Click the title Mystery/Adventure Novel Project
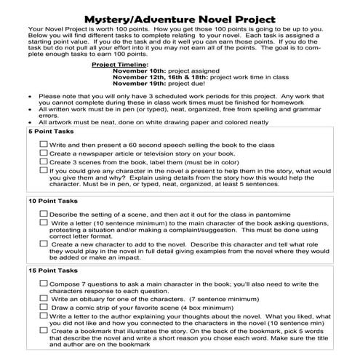pos(180,15)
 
